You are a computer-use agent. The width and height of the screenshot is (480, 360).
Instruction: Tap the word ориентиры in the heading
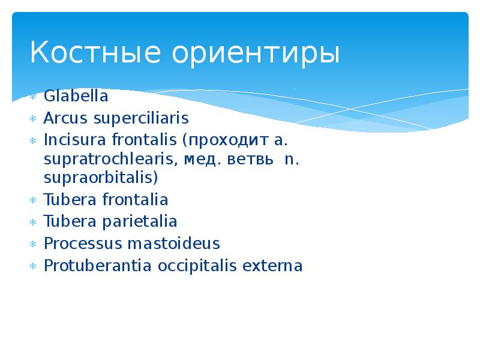(x=256, y=54)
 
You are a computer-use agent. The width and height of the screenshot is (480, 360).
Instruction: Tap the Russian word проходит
(x=225, y=140)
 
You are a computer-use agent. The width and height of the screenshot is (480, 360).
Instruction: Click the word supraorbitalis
(x=101, y=178)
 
